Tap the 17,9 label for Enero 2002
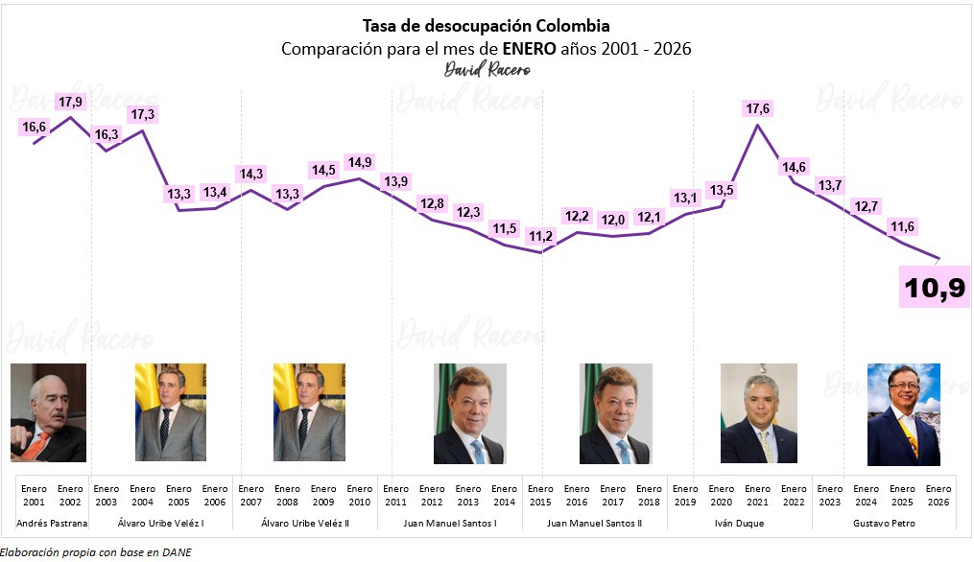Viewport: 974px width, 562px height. point(70,102)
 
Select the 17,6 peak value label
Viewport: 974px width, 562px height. point(758,108)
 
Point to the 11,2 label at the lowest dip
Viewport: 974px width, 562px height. point(540,236)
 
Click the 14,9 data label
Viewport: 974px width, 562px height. point(359,162)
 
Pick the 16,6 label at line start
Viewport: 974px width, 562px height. point(34,127)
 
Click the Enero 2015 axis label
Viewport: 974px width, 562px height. point(540,495)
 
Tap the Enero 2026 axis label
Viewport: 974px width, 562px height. point(938,495)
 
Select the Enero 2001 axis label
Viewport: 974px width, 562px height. point(34,495)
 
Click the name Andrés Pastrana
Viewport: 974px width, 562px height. point(52,524)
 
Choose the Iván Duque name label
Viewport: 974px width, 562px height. point(758,524)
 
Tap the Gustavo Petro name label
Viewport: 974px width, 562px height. point(883,524)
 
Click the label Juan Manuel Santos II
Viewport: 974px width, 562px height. point(595,524)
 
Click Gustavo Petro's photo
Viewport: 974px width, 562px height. point(903,414)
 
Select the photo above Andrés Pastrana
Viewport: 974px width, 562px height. point(48,412)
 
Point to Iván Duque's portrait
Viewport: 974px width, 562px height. point(758,413)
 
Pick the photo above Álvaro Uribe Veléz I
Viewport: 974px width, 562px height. point(171,412)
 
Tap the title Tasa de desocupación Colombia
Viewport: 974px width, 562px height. point(486,25)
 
